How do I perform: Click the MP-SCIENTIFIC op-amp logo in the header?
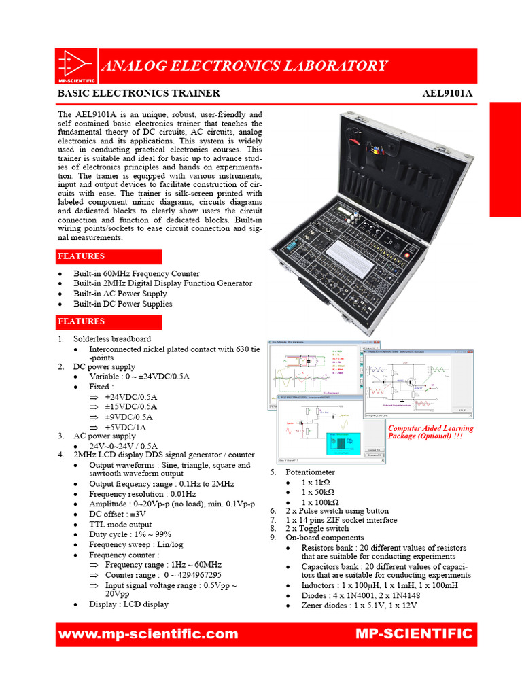click(x=75, y=66)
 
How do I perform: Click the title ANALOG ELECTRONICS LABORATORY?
click(x=243, y=66)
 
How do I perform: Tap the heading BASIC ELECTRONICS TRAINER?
click(x=139, y=93)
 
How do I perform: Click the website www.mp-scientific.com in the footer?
click(x=149, y=634)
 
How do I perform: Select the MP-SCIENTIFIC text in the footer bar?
click(x=413, y=634)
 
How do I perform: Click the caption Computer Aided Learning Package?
click(x=430, y=432)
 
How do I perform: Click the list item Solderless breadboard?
click(x=112, y=338)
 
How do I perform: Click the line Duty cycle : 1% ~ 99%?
click(x=130, y=534)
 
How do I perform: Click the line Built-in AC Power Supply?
click(x=120, y=294)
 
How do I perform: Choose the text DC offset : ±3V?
click(x=117, y=514)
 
